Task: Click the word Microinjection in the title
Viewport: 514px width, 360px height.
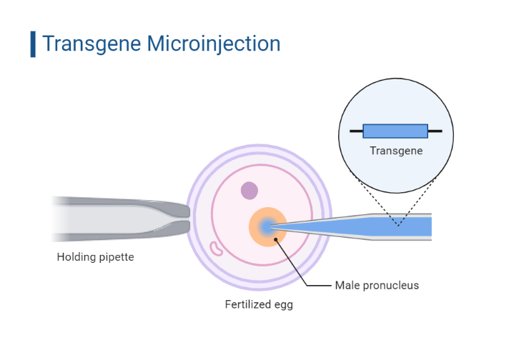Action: [x=213, y=43]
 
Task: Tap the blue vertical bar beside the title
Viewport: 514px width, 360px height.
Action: [x=33, y=44]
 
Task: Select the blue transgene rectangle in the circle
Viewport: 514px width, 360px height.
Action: [x=395, y=131]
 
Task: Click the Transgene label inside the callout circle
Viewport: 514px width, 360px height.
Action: [x=396, y=151]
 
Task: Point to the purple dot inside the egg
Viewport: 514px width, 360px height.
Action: [x=249, y=191]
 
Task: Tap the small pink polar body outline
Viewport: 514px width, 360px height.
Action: [x=215, y=248]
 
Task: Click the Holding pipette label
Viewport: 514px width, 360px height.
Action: [x=95, y=257]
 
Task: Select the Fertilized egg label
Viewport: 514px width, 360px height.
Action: [x=259, y=304]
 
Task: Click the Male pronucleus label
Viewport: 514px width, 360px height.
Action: [x=377, y=286]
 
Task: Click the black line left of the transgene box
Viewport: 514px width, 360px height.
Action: [x=356, y=131]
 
